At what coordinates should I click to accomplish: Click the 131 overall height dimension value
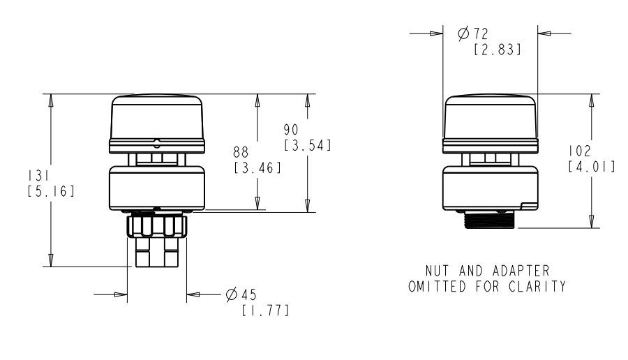coord(38,175)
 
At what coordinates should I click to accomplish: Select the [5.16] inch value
coord(51,191)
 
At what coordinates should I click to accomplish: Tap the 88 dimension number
coord(241,152)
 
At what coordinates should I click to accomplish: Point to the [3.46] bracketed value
coord(257,167)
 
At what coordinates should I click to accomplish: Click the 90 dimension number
coord(291,130)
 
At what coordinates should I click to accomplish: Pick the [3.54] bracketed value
coord(308,145)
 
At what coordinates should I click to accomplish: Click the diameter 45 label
coord(241,294)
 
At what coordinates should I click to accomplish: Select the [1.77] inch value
coord(265,310)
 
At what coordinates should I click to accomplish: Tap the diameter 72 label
coord(473,33)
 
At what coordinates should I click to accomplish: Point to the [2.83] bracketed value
coord(498,50)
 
